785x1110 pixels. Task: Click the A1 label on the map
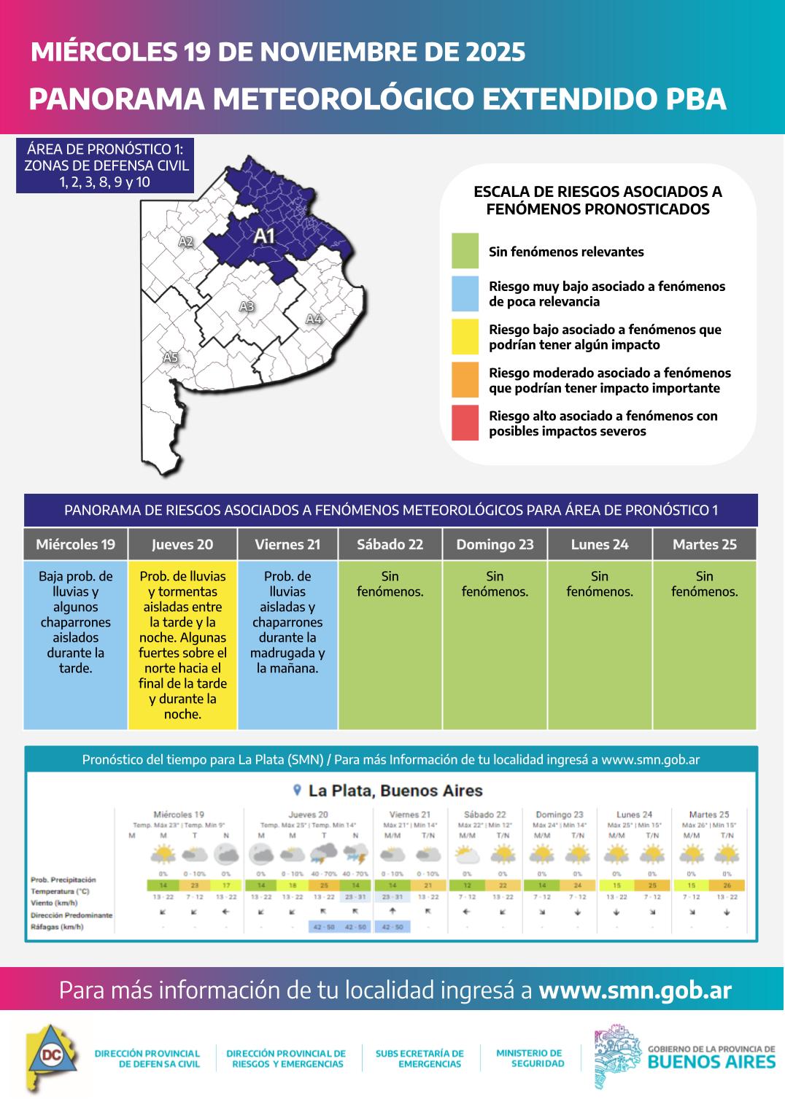click(263, 236)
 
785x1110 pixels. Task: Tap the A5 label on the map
click(170, 357)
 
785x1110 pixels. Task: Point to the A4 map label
click(314, 319)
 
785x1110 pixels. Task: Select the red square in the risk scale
click(465, 423)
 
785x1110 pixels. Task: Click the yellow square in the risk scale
click(465, 337)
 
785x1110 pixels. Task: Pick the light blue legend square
click(465, 294)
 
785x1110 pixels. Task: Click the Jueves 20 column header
click(182, 544)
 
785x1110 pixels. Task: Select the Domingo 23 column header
click(495, 544)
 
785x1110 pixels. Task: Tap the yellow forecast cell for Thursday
click(182, 645)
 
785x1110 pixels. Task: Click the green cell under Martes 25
click(704, 645)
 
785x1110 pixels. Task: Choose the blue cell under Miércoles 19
click(75, 645)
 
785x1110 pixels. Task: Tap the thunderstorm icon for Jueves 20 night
click(355, 853)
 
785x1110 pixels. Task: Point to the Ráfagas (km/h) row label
click(57, 927)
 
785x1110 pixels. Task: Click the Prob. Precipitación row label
click(63, 880)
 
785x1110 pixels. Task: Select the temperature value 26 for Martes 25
click(727, 885)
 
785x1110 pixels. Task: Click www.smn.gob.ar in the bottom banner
click(635, 990)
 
